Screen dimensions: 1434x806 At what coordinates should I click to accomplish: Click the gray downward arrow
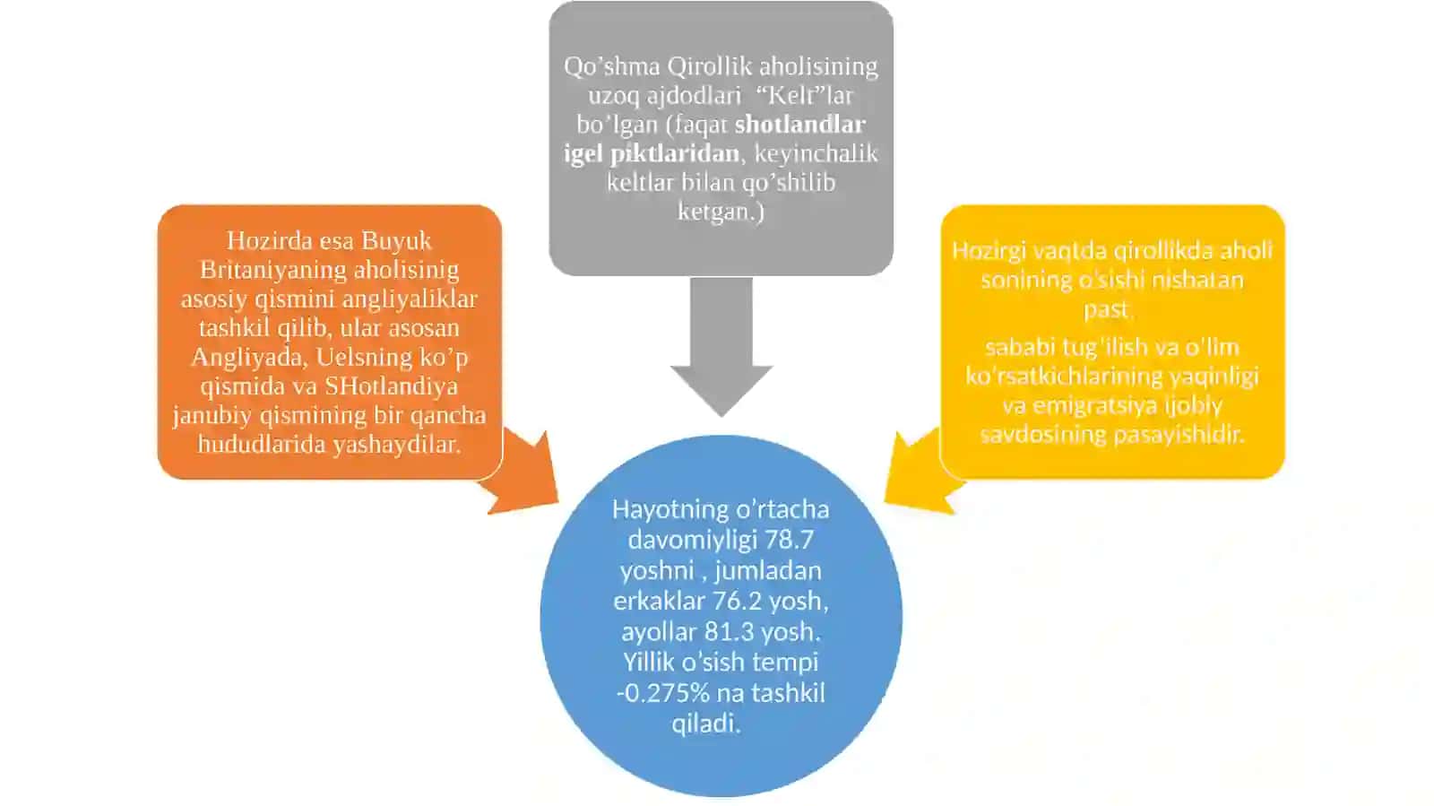721,346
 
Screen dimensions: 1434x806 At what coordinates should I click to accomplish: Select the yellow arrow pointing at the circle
922,473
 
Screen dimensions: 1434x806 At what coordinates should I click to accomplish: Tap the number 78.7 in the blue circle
789,540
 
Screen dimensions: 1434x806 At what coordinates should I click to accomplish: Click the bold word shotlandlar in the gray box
800,125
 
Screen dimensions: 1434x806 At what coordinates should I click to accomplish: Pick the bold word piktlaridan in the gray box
675,153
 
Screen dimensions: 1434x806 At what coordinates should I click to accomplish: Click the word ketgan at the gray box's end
716,212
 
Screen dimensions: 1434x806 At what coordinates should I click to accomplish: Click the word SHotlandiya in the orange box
391,386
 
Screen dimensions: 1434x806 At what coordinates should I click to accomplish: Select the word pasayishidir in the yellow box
1179,436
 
